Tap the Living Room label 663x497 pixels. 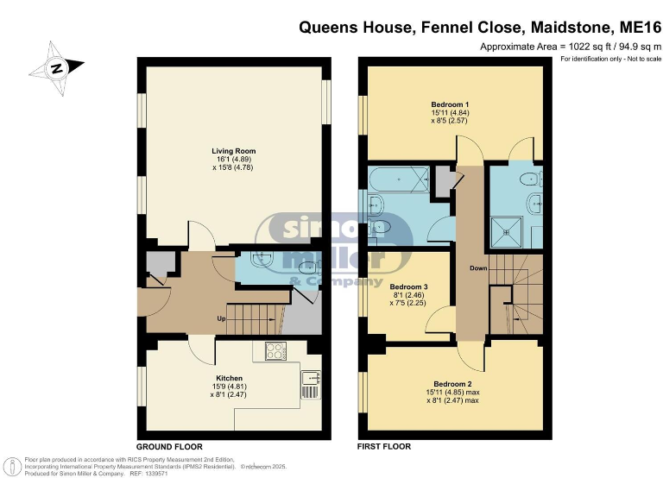point(234,151)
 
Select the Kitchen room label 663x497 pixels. point(229,379)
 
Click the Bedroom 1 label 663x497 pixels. point(450,104)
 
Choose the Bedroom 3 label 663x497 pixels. point(408,286)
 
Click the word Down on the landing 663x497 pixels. point(479,268)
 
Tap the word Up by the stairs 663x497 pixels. point(222,318)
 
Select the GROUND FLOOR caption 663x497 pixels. point(169,447)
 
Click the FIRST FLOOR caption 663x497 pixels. point(384,447)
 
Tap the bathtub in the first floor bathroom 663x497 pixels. point(398,180)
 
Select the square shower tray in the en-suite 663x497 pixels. point(504,228)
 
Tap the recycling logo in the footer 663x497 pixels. point(14,466)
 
